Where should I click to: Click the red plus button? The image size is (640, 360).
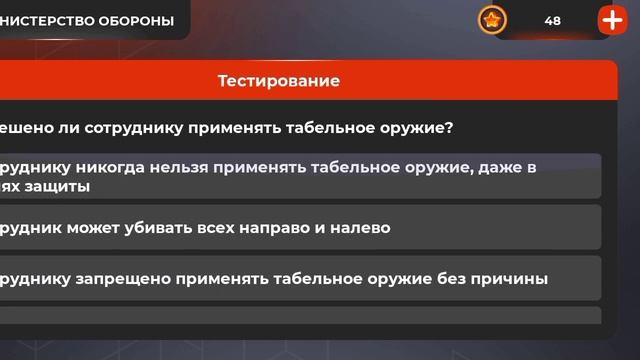point(611,20)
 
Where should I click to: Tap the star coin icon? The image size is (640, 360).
point(492,20)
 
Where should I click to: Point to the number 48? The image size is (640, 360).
point(553,21)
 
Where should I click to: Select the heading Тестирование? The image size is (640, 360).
point(279,81)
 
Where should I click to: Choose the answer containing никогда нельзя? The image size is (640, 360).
point(300,176)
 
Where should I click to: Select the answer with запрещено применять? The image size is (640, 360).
point(300,278)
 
